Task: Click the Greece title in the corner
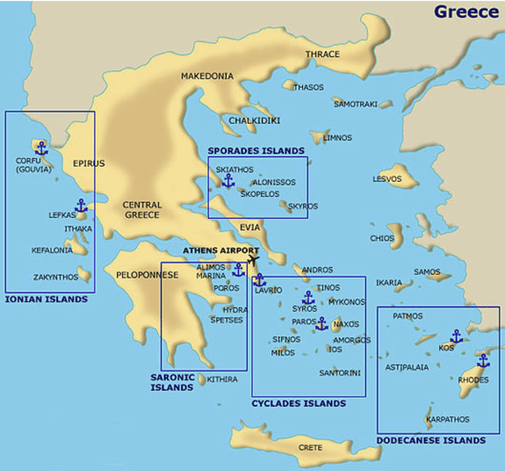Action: (466, 12)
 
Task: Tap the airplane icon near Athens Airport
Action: (253, 260)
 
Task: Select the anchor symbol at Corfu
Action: (41, 148)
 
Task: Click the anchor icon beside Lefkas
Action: (81, 205)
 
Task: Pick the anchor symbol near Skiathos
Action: (228, 180)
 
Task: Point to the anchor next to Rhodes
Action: (483, 361)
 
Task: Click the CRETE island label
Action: (310, 448)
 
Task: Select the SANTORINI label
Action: (339, 373)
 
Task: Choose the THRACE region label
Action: (322, 54)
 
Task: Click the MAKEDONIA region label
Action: (207, 76)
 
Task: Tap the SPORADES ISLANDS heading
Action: (256, 151)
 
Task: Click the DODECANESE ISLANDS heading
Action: (431, 440)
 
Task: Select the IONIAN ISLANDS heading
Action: (46, 299)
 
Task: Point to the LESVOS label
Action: (387, 179)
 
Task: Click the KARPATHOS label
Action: (448, 419)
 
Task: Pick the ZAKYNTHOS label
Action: (56, 277)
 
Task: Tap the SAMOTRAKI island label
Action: (356, 104)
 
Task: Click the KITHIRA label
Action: (222, 379)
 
